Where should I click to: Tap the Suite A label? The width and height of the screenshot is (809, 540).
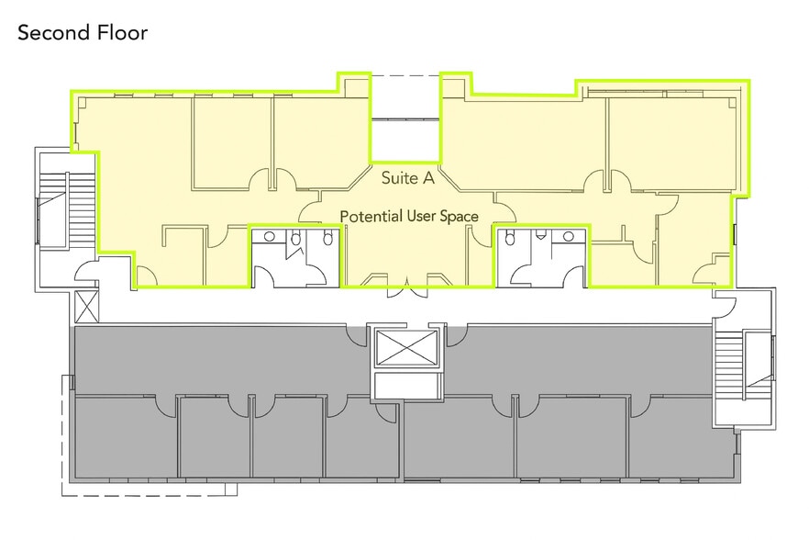407,178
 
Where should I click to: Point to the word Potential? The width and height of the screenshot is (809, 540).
371,216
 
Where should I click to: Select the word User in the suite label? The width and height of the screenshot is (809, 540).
422,216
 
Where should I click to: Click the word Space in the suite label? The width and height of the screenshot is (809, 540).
460,217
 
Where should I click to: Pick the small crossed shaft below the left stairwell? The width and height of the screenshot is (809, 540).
86,307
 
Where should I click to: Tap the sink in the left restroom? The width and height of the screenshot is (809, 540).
270,237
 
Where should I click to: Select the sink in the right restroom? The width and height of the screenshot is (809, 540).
568,237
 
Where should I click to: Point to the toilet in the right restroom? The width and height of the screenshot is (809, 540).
510,238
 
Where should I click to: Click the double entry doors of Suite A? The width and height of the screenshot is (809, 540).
407,287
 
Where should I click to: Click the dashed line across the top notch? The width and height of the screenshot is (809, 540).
405,76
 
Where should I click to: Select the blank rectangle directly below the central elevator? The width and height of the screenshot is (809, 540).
407,385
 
